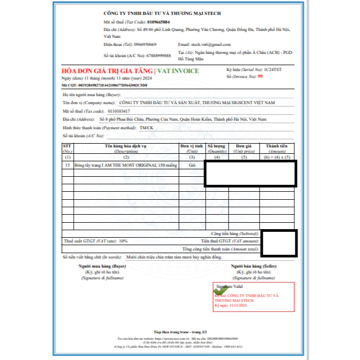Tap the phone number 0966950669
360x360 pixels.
(x=145, y=44)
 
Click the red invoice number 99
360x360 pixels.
(x=260, y=77)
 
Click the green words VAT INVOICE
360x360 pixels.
(x=179, y=71)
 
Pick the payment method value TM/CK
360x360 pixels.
(x=146, y=128)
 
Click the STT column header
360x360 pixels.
(x=67, y=148)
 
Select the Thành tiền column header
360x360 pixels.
(x=277, y=148)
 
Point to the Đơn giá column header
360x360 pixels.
(x=244, y=148)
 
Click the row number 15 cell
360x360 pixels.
(x=67, y=166)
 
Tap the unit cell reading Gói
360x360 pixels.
(x=192, y=166)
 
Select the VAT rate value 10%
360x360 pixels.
(x=123, y=241)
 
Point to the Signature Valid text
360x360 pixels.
(x=230, y=286)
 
